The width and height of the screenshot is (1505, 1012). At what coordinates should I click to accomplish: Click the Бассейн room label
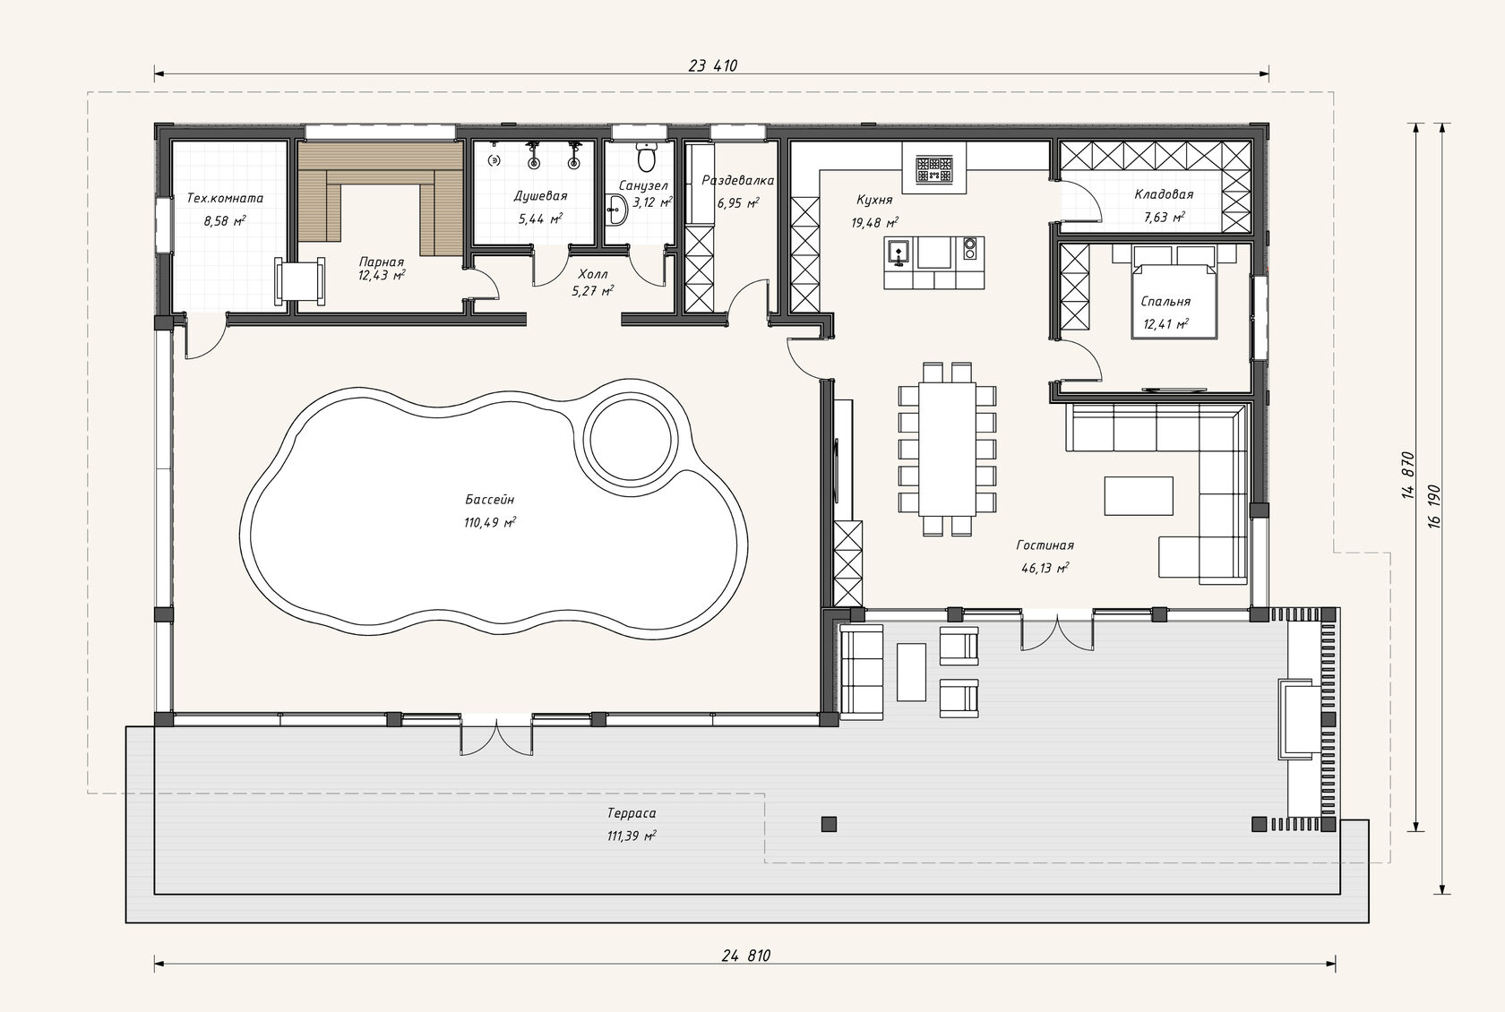[x=490, y=500]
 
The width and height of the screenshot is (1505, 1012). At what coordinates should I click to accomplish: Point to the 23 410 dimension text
[x=713, y=65]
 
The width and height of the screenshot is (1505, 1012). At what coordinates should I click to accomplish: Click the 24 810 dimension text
[x=745, y=956]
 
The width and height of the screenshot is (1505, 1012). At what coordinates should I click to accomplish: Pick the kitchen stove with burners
[x=933, y=169]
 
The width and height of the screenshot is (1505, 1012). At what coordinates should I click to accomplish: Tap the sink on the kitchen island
[x=899, y=252]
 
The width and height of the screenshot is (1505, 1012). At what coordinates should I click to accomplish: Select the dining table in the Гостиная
[x=948, y=449]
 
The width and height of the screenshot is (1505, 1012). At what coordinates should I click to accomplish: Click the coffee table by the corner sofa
[x=1139, y=495]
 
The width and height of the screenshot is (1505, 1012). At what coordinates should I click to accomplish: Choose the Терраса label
[x=631, y=813]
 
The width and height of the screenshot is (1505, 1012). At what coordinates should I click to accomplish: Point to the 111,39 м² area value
[x=631, y=836]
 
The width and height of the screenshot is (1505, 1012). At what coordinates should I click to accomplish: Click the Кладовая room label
[x=1164, y=194]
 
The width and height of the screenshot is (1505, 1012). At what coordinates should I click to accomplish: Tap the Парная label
[x=381, y=262]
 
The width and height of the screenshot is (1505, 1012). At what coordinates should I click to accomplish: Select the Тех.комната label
[x=224, y=198]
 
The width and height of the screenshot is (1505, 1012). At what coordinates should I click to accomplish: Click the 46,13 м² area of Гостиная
[x=1045, y=568]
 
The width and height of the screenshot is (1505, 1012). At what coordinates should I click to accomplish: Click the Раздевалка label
[x=738, y=180]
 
